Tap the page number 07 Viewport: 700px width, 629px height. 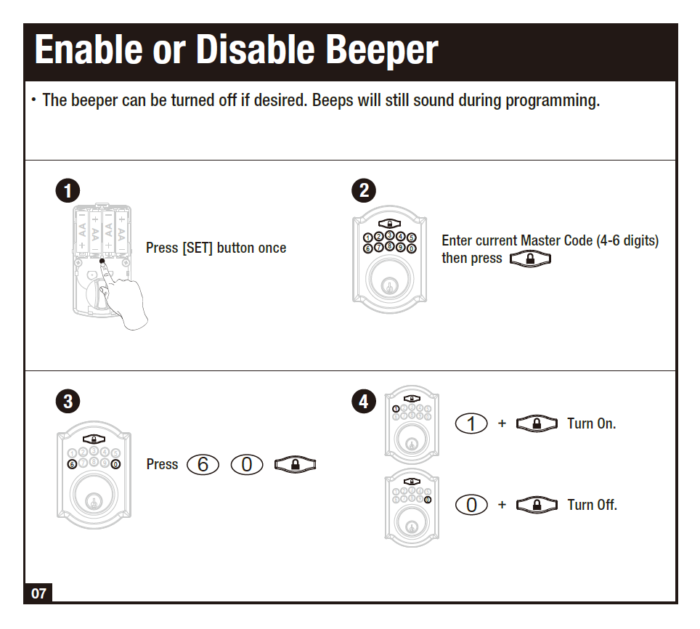click(x=38, y=593)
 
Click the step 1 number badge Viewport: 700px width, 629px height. click(x=67, y=191)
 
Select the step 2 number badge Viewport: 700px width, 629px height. click(x=364, y=191)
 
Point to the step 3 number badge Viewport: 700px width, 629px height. click(x=67, y=402)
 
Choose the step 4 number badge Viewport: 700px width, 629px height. click(x=364, y=402)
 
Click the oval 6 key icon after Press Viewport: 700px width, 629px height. click(x=203, y=465)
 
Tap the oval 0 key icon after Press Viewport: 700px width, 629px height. click(x=246, y=465)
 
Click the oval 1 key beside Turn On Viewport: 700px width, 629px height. click(x=471, y=423)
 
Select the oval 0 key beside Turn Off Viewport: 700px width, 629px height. click(x=471, y=505)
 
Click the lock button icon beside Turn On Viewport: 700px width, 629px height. click(x=536, y=423)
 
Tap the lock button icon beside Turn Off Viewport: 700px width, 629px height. click(x=536, y=505)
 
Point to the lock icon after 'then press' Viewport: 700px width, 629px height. click(x=530, y=259)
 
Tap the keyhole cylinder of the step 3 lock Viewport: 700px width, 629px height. click(x=93, y=500)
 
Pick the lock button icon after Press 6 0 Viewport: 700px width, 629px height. click(x=296, y=465)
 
